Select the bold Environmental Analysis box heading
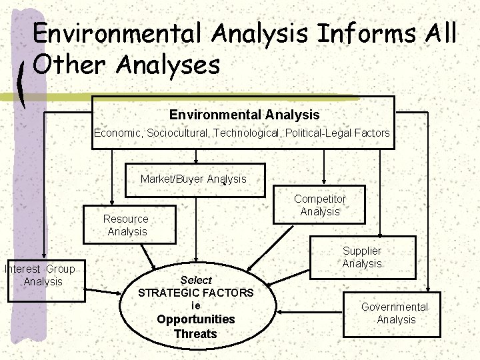tap(244, 115)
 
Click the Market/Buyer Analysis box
tap(194, 179)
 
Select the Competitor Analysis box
tap(320, 205)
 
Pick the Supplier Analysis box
tap(362, 257)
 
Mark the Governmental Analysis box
tap(393, 313)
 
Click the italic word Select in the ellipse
tap(196, 280)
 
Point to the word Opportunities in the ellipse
tap(196, 319)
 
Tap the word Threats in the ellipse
tap(196, 333)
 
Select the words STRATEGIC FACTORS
tap(196, 293)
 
